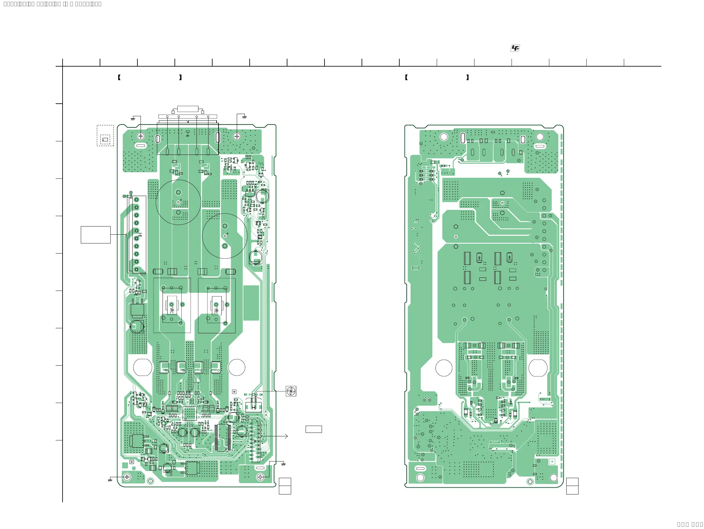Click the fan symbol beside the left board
pos(291,391)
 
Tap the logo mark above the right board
pos(515,48)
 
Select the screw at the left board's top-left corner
pos(141,136)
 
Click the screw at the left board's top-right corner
pos(237,136)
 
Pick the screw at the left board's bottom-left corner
pos(127,477)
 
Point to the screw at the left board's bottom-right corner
pos(260,477)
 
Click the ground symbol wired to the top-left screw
pos(133,119)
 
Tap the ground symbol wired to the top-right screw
pos(244,117)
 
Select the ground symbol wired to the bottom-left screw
pos(110,480)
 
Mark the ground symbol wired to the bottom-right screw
pos(283,465)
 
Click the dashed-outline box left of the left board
pos(105,136)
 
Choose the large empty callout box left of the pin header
pos(96,235)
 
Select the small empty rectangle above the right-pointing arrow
pos(313,429)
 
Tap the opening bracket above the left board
pos(119,77)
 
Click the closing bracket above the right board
pos(468,77)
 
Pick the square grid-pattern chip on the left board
pos(190,413)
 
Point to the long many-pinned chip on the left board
pos(222,438)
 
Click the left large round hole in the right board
pos(444,368)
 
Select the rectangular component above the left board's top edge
pos(188,109)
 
